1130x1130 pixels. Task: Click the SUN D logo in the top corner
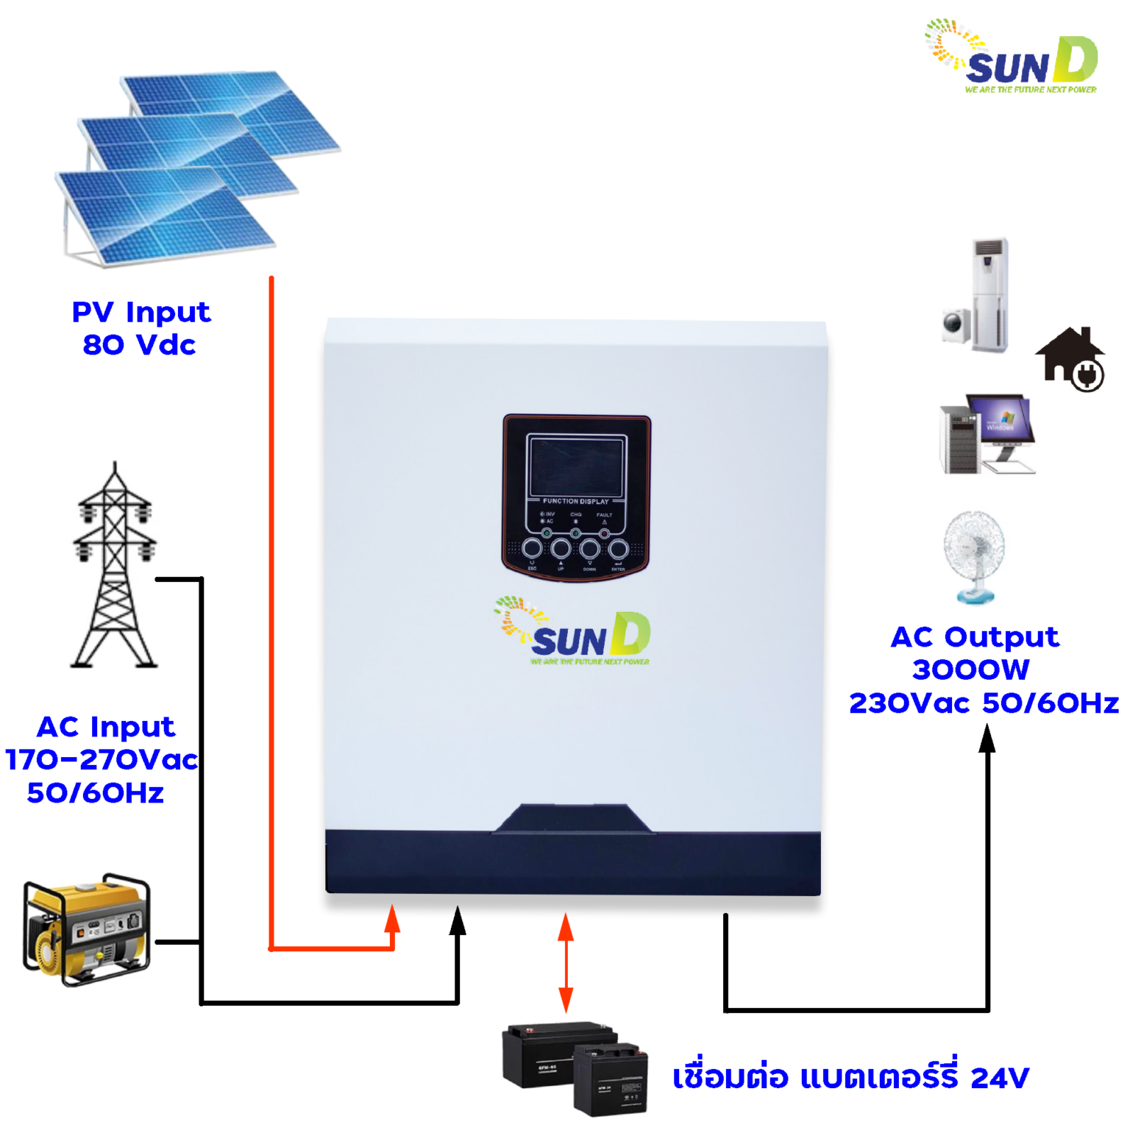(x=1012, y=57)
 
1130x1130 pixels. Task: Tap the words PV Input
(x=141, y=313)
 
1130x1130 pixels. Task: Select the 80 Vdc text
(x=139, y=345)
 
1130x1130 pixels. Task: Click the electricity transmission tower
(x=115, y=566)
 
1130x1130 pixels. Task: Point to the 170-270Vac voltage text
(x=102, y=759)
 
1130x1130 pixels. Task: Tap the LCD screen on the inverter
(x=576, y=466)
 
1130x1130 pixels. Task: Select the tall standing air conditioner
(x=989, y=294)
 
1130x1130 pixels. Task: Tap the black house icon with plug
(x=1071, y=359)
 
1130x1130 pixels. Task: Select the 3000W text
(x=970, y=670)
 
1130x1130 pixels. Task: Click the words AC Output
(x=975, y=637)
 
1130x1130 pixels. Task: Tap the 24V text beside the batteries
(x=1000, y=1079)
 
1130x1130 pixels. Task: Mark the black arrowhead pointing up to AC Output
(x=987, y=738)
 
